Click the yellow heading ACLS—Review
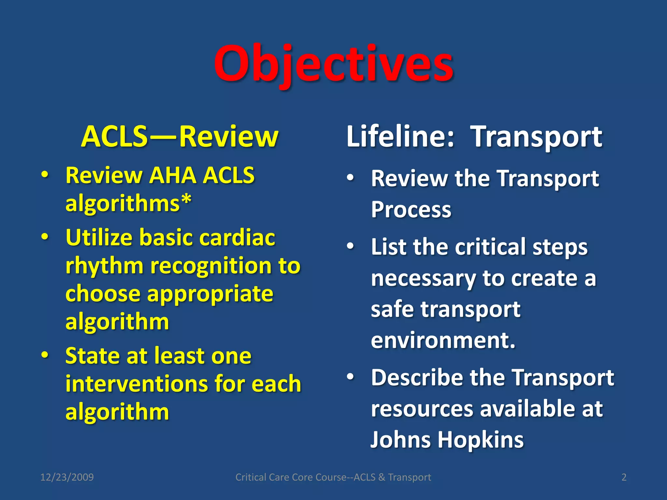pyautogui.click(x=180, y=137)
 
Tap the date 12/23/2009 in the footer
pyautogui.click(x=67, y=477)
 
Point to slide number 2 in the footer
pyautogui.click(x=624, y=477)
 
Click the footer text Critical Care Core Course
pyautogui.click(x=291, y=477)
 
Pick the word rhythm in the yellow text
pyautogui.click(x=104, y=266)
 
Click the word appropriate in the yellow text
pyautogui.click(x=210, y=294)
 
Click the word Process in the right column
pyautogui.click(x=411, y=210)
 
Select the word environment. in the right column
pyautogui.click(x=443, y=340)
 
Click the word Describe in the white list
pyautogui.click(x=417, y=378)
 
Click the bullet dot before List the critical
pyautogui.click(x=350, y=246)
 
